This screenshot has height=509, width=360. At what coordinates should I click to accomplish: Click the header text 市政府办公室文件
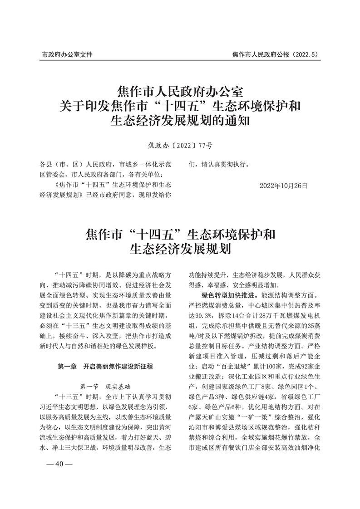coord(67,54)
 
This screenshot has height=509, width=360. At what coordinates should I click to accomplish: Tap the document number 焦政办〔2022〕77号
coord(180,146)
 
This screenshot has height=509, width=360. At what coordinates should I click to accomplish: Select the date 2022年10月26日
coord(284,186)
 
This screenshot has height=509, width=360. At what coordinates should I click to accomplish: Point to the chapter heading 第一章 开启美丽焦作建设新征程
coord(105,366)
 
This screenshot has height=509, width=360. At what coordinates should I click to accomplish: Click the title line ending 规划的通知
coord(180,122)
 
